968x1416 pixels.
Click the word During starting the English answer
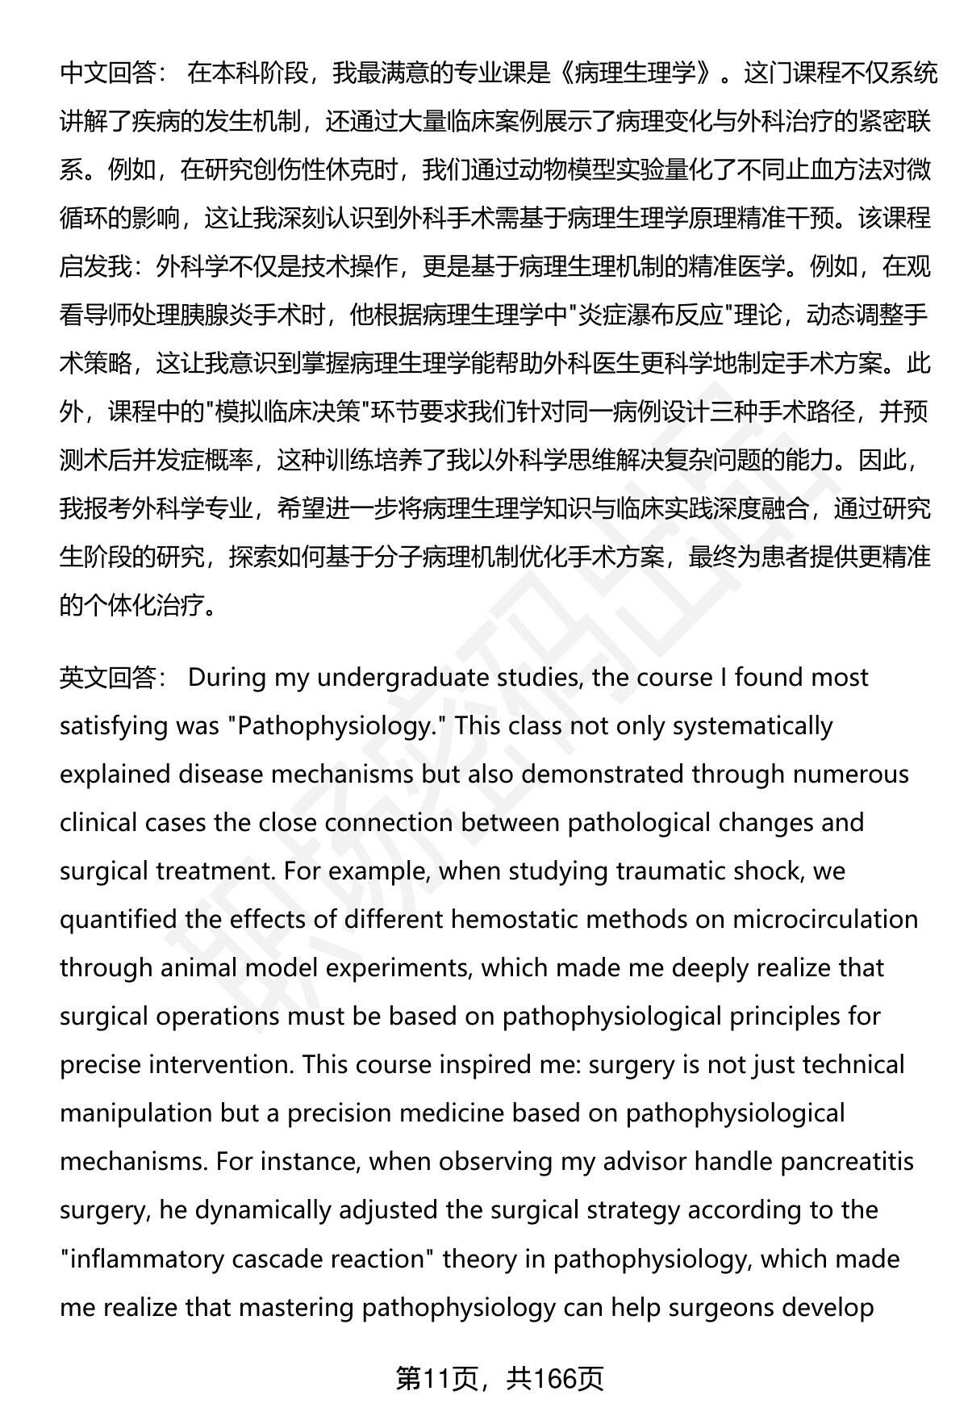pyautogui.click(x=227, y=678)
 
